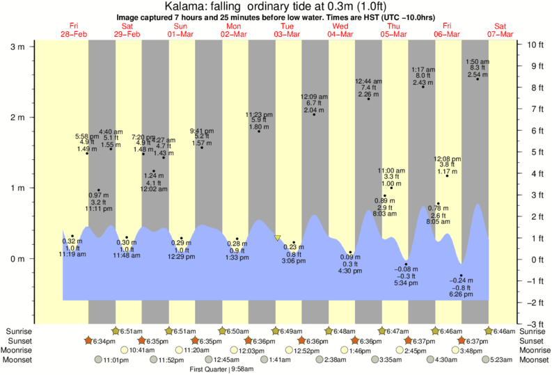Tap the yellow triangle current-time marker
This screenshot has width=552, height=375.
[278, 238]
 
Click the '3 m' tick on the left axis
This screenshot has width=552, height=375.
[16, 47]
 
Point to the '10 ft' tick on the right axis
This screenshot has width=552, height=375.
[535, 45]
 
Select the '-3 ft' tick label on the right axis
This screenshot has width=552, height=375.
[535, 324]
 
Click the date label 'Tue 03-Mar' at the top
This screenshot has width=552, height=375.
[287, 30]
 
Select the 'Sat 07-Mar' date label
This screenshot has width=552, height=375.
[500, 30]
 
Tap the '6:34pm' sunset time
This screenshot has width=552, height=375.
[103, 341]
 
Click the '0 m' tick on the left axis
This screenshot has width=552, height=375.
[16, 259]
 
